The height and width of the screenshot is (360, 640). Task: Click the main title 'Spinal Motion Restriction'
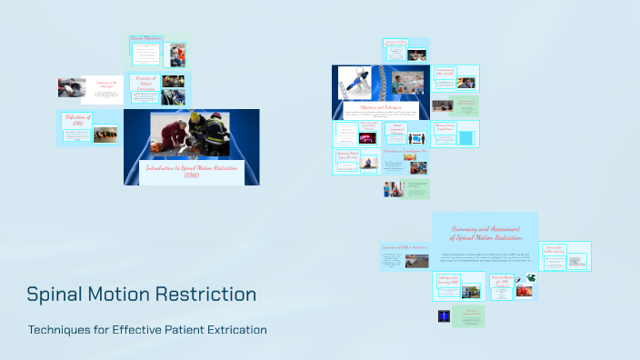tap(141, 295)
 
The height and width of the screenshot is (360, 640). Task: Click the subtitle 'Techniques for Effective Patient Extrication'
tap(147, 329)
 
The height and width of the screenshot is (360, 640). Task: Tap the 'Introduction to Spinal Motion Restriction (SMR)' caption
tap(191, 171)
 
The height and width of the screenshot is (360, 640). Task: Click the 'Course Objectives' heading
tap(146, 38)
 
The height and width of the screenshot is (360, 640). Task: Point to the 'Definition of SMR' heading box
tap(77, 119)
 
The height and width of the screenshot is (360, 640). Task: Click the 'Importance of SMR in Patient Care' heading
tap(405, 247)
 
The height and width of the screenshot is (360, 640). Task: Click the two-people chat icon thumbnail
tap(417, 139)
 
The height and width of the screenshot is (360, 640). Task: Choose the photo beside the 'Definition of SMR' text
tap(104, 135)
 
